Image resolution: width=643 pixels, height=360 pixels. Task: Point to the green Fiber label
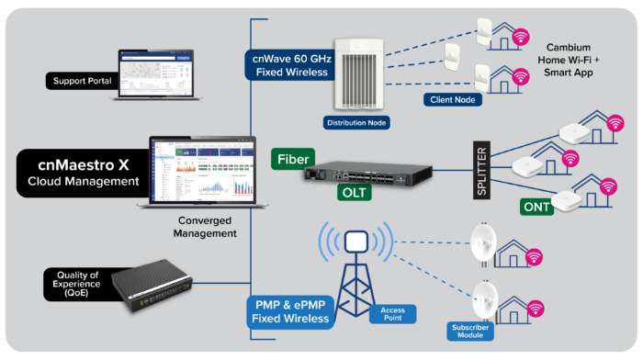pyautogui.click(x=293, y=159)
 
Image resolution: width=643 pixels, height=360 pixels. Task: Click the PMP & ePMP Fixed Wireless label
pyautogui.click(x=289, y=311)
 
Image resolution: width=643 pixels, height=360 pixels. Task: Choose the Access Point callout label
pyautogui.click(x=390, y=315)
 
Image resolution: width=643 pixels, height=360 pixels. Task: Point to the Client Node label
pyautogui.click(x=452, y=99)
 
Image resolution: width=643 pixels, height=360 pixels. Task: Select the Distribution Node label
pyautogui.click(x=357, y=121)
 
